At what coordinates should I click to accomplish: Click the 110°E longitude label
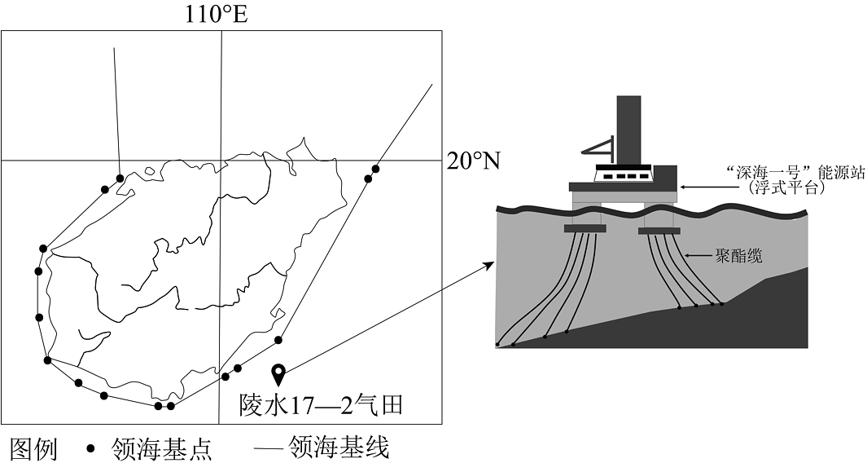(x=217, y=15)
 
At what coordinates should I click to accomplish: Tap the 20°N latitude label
(x=473, y=161)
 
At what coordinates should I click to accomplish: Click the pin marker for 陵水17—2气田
(x=279, y=375)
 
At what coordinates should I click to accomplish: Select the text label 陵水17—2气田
(x=322, y=405)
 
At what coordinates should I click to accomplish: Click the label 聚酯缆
(x=738, y=256)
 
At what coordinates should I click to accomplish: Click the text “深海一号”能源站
(x=795, y=172)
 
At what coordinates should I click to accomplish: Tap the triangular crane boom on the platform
(x=598, y=146)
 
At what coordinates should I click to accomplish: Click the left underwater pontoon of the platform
(x=585, y=228)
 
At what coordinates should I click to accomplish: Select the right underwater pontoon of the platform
(x=659, y=231)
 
